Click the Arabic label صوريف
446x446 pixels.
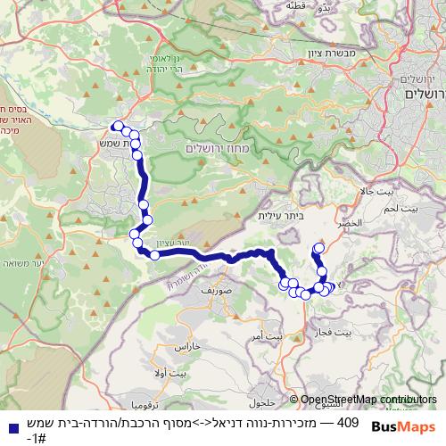(216, 290)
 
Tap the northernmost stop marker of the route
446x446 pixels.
(117, 127)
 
